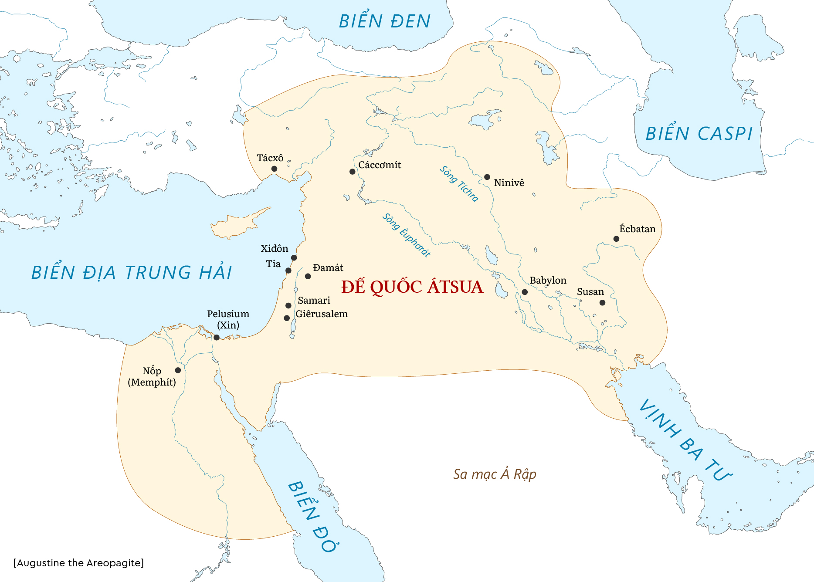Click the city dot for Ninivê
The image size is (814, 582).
(x=487, y=177)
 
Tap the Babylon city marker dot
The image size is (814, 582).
(x=525, y=292)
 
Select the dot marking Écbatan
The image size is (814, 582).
(x=616, y=239)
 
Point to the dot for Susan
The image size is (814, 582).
(x=602, y=302)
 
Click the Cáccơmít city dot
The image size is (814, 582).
(x=352, y=172)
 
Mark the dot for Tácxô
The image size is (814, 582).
(x=274, y=169)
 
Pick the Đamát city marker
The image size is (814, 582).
(x=308, y=276)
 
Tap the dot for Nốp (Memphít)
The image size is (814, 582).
(x=178, y=370)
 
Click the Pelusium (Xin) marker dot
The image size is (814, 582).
(x=217, y=337)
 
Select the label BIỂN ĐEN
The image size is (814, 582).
(x=385, y=21)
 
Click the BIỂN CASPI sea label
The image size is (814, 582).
(x=699, y=133)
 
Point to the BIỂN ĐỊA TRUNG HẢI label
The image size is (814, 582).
(x=132, y=273)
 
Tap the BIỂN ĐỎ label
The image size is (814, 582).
(x=313, y=516)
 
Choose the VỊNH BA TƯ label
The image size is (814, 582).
(x=685, y=440)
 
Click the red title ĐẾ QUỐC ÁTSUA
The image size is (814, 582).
(x=412, y=287)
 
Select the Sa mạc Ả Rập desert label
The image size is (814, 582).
(x=495, y=474)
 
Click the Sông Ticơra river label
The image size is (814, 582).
(x=459, y=183)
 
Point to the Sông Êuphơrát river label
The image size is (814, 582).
(x=407, y=235)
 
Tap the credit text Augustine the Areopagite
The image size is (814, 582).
(x=78, y=563)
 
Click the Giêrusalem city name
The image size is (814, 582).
(x=322, y=314)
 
